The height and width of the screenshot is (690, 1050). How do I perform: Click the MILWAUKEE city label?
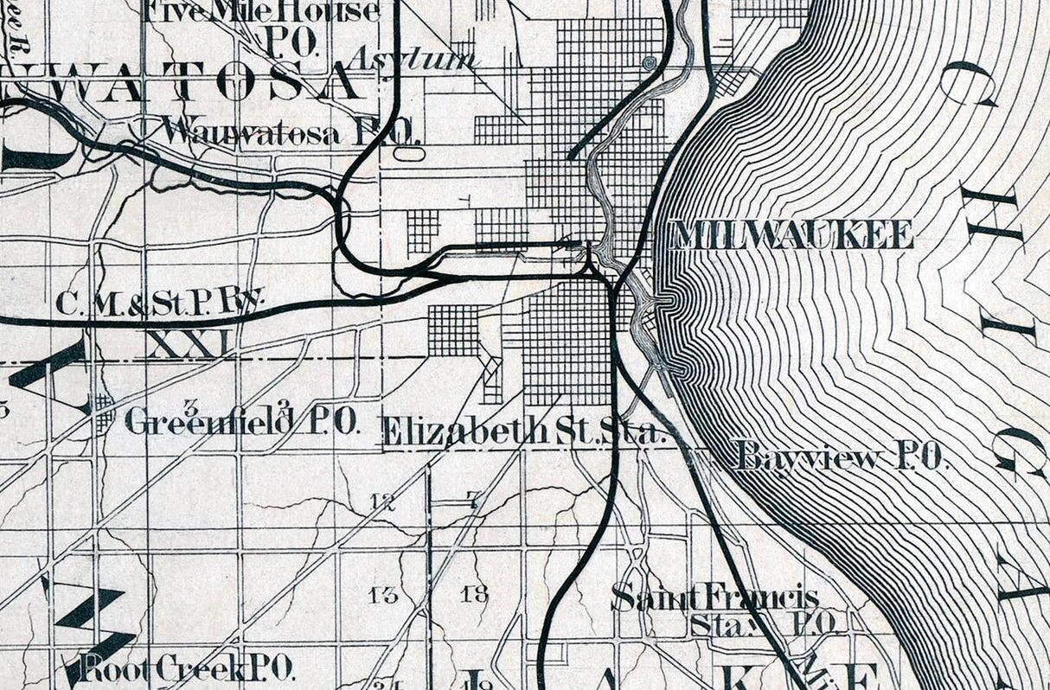click(792, 235)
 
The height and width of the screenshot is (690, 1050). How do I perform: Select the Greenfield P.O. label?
click(241, 422)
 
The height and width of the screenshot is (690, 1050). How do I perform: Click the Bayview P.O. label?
click(841, 457)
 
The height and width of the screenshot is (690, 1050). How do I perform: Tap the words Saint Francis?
click(714, 597)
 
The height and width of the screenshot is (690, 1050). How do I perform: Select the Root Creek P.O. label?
click(187, 668)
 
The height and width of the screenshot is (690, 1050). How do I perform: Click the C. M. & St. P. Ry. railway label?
click(159, 303)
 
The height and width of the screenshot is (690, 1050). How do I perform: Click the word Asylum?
click(413, 59)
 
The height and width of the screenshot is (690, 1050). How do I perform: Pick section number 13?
click(383, 594)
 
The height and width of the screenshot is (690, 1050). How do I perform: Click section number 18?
click(475, 594)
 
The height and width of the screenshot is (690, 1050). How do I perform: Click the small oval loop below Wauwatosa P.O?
click(409, 154)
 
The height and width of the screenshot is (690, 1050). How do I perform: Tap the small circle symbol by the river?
click(649, 62)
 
